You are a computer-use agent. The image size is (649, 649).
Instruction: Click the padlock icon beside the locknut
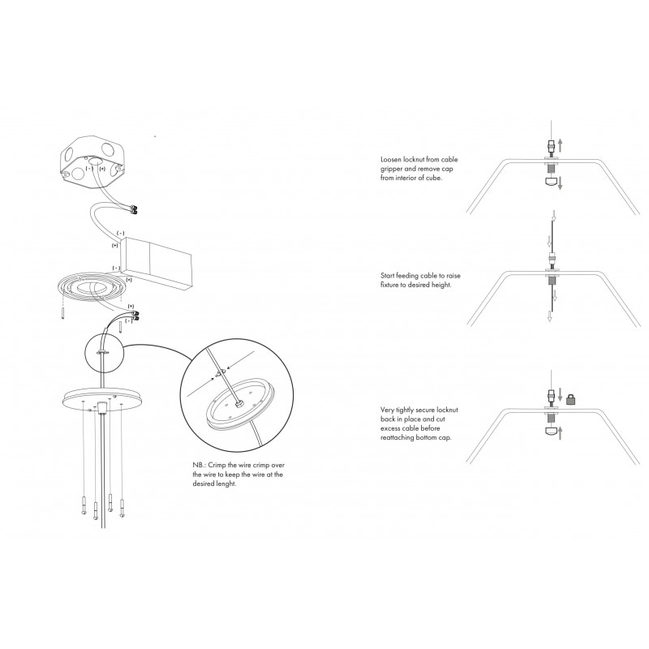click(572, 399)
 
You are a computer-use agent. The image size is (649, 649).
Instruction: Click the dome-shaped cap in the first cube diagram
click(551, 181)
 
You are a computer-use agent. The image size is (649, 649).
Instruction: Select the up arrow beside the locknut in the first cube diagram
click(560, 145)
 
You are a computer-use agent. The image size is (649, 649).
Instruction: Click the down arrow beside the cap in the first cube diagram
click(560, 183)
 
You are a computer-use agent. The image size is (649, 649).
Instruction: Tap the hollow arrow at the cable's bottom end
click(550, 316)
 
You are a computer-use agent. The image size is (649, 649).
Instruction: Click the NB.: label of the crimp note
click(200, 465)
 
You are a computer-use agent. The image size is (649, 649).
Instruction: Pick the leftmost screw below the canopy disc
click(84, 505)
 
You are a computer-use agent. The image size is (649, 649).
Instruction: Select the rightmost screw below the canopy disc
click(122, 509)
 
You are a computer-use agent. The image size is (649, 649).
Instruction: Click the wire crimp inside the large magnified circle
click(220, 373)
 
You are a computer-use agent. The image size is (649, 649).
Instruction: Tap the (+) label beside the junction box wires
click(102, 169)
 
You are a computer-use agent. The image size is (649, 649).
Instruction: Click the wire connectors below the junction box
click(134, 210)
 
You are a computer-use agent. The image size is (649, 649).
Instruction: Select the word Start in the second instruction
click(388, 275)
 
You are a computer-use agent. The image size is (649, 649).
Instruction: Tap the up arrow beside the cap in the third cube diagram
click(560, 433)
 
